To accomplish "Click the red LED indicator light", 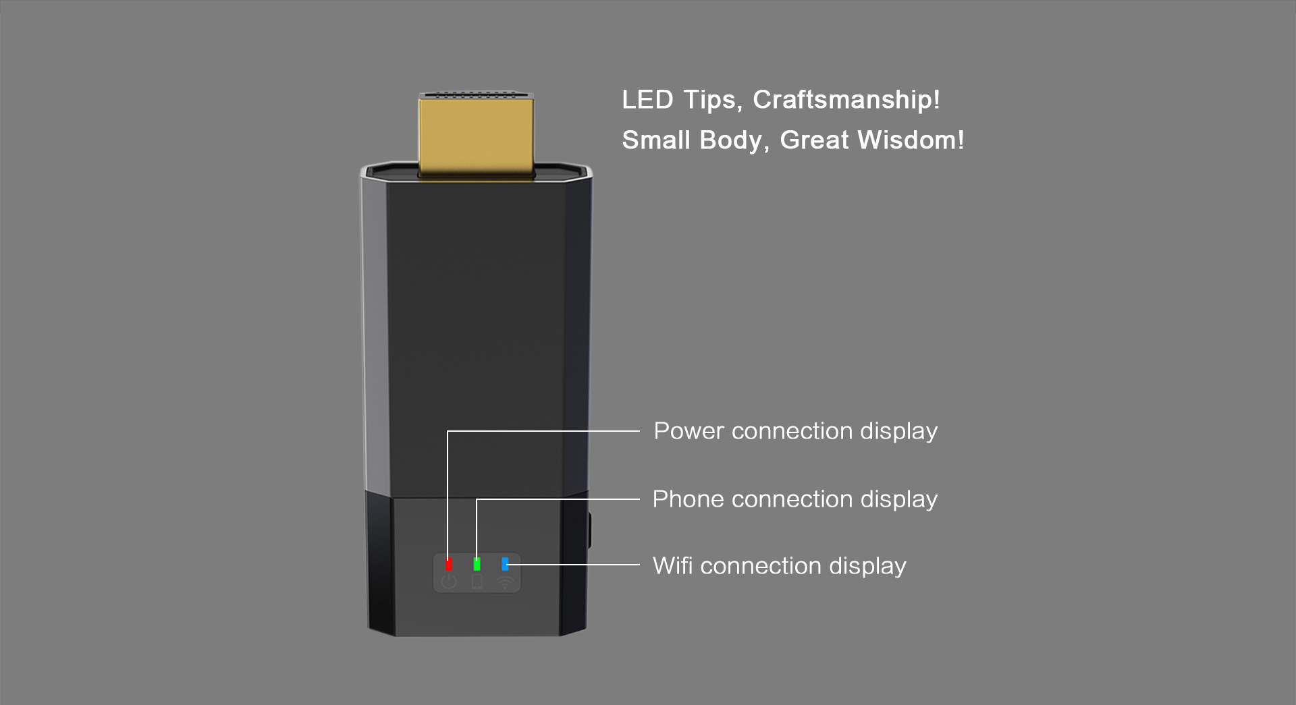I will point(449,564).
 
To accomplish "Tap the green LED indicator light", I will point(477,564).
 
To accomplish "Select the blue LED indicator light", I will point(505,563).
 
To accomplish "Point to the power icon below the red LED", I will point(449,582).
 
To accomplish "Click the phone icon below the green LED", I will point(477,582).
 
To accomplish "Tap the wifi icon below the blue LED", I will point(505,582).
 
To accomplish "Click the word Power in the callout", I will point(688,431).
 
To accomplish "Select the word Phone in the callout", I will point(688,499).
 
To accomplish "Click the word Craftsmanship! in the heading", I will point(846,100).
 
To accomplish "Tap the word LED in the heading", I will point(647,100).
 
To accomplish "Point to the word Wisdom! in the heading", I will point(911,140).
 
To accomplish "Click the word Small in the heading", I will point(656,140).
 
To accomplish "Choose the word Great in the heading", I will point(814,140).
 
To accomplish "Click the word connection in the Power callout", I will point(792,431).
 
